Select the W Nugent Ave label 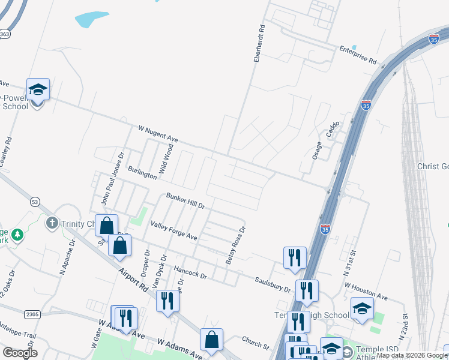click(x=158, y=133)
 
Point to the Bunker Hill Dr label click(x=185, y=201)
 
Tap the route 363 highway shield click(x=4, y=34)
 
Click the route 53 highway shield click(x=35, y=203)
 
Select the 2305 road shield click(x=32, y=314)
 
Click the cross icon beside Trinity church click(x=52, y=223)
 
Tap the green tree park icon click(x=18, y=234)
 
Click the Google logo click(x=20, y=353)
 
